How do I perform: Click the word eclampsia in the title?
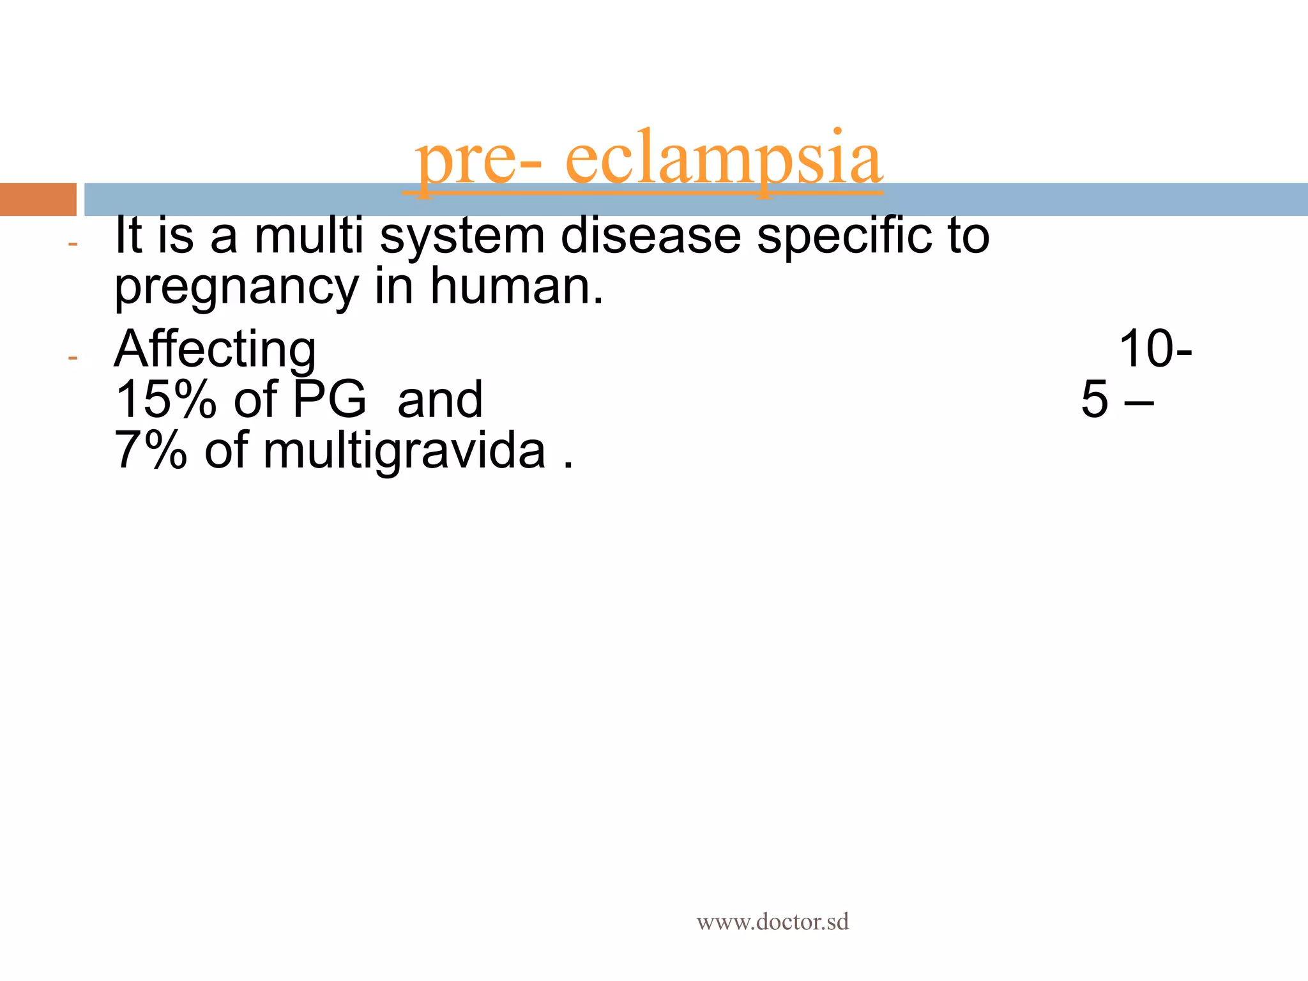(724, 160)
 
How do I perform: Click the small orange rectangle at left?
(38, 199)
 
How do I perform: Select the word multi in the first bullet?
(309, 236)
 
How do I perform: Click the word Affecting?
(215, 350)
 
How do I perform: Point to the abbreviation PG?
(330, 400)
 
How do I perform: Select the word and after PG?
(440, 400)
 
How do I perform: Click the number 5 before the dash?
(1095, 400)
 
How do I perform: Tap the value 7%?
(151, 451)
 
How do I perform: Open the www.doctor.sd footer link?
(772, 922)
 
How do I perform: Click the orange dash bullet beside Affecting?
(73, 358)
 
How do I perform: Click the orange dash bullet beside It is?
(73, 244)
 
